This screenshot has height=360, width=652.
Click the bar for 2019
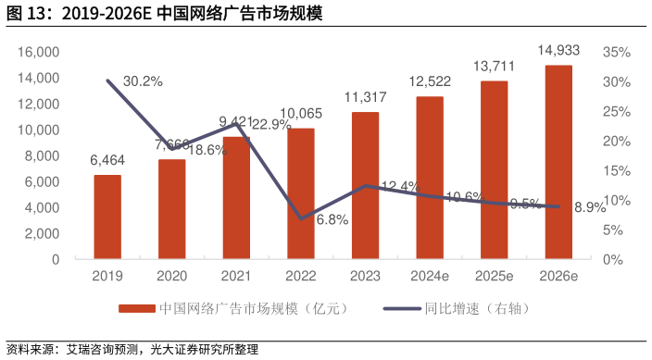pos(107,217)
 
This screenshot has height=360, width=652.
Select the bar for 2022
pos(301,193)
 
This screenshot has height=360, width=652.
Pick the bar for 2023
pos(365,185)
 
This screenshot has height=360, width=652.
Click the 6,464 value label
pos(107,161)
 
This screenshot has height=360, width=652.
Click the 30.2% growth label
pos(144,81)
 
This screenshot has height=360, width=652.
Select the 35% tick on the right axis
pos(618,52)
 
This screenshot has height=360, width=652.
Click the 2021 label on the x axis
pos(236,276)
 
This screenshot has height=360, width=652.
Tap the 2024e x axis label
pos(429,276)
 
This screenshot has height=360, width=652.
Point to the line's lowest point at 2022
pos(301,218)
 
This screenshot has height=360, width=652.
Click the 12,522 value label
pos(429,82)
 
